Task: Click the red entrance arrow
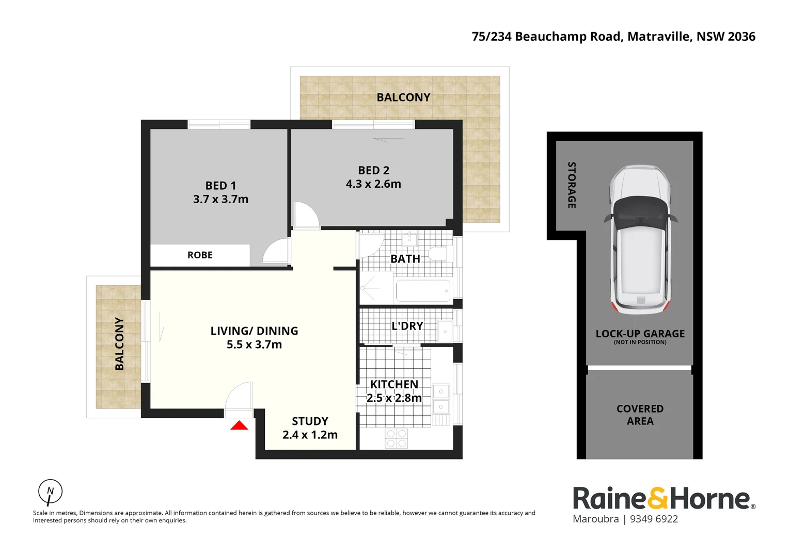(239, 425)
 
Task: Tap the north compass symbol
(50, 492)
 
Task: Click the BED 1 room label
(220, 186)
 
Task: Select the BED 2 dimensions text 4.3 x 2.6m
(373, 184)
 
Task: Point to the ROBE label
(200, 255)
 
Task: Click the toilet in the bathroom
(439, 254)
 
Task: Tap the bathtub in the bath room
(423, 291)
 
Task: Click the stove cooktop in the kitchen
(397, 438)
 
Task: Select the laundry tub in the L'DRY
(445, 331)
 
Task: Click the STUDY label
(310, 421)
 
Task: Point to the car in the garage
(640, 240)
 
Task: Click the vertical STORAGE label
(572, 185)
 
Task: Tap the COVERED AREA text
(640, 415)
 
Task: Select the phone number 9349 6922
(654, 519)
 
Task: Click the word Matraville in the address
(658, 37)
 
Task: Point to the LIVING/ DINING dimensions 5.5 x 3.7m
(254, 345)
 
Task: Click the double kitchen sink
(441, 398)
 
